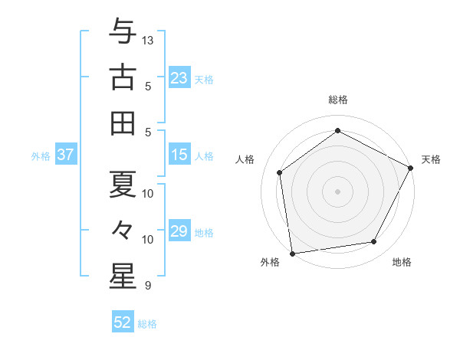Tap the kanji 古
123,77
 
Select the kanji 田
123,123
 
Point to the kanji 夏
123,184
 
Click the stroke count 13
149,40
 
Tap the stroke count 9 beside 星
148,286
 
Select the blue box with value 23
179,78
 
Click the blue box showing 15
179,155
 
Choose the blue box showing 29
179,231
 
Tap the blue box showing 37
65,155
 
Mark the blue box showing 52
123,322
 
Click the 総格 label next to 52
147,324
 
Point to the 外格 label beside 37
41,156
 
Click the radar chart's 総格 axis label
338,100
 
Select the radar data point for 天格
411,168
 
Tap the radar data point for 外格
292,253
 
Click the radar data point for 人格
280,172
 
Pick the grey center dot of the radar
337,191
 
